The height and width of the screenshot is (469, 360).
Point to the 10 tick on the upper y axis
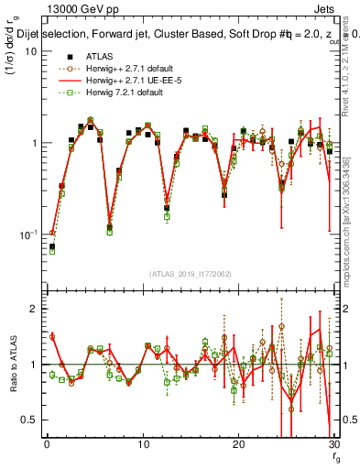pos(30,51)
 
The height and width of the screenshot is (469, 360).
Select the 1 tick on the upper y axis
pos(33,144)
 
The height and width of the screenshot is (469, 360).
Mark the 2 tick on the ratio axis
pos(33,309)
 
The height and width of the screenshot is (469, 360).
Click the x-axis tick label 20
pos(238,445)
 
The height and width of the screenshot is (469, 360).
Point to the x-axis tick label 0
pos(47,445)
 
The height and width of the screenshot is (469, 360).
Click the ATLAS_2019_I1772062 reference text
pos(190,273)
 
